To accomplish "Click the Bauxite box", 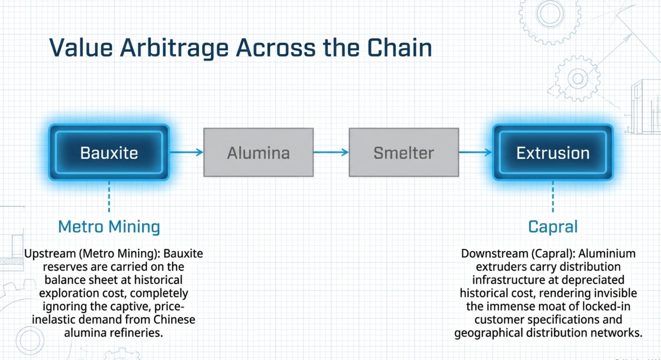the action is [x=109, y=152].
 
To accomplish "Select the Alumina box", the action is [x=258, y=152].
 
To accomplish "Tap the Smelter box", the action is [x=404, y=152].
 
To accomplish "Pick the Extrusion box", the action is [x=553, y=152].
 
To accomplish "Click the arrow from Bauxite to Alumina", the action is [x=187, y=152].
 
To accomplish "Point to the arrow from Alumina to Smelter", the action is [x=331, y=152].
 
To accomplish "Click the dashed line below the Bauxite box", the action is [x=109, y=196].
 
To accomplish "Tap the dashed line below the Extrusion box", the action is [x=553, y=196].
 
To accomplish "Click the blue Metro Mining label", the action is [x=109, y=227].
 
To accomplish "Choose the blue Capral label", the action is [x=553, y=227].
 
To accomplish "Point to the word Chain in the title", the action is [x=400, y=48].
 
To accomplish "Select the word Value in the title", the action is [x=81, y=48].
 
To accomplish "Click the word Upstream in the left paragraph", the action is [x=50, y=254].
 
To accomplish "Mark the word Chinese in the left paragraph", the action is [x=174, y=319].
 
